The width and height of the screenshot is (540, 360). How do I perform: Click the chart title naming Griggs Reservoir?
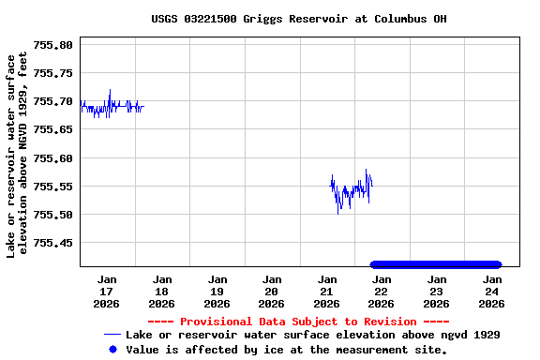click(x=298, y=19)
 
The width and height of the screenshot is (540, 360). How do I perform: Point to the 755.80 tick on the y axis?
click(x=52, y=45)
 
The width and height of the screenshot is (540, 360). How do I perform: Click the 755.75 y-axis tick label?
click(x=52, y=73)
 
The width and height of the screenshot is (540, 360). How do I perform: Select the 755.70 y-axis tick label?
click(x=52, y=101)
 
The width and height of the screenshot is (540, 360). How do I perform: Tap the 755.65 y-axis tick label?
click(x=52, y=129)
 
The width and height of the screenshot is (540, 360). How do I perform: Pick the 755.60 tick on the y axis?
click(x=52, y=158)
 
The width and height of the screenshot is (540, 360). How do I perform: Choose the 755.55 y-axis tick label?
click(x=52, y=187)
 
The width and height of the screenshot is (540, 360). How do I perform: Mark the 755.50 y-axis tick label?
click(x=52, y=215)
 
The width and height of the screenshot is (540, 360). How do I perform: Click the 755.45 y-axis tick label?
click(x=52, y=243)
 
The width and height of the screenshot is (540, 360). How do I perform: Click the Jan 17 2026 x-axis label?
click(x=107, y=291)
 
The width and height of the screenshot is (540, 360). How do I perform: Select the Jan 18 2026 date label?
click(x=162, y=291)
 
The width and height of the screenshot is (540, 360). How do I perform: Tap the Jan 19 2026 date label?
click(x=217, y=291)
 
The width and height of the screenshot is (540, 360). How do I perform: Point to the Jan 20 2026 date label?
click(x=272, y=291)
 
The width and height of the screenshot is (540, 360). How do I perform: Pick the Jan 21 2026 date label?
click(x=326, y=291)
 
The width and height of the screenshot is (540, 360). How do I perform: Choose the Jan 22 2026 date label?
click(x=382, y=291)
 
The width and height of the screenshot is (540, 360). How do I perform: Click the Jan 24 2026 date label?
click(x=491, y=291)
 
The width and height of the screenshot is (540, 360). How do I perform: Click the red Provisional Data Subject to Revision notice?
click(x=298, y=322)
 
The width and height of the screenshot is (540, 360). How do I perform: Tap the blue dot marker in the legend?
click(x=112, y=349)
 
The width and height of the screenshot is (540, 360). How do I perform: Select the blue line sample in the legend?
click(x=112, y=335)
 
